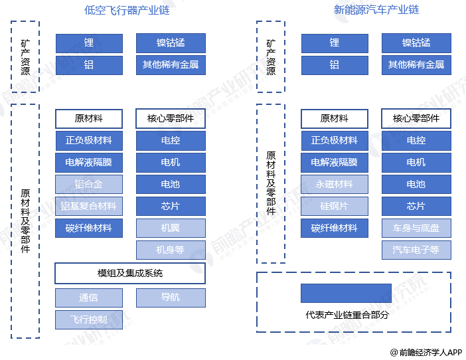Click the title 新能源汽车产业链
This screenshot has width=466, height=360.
click(x=376, y=10)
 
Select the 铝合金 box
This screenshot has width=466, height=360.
click(x=89, y=184)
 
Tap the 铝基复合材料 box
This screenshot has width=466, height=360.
click(x=89, y=206)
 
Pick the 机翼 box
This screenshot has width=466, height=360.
click(x=171, y=228)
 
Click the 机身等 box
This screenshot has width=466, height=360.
click(x=171, y=250)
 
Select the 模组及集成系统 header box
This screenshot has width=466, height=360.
click(x=130, y=274)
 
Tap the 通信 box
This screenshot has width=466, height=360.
click(x=89, y=298)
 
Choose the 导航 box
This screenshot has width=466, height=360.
click(x=171, y=298)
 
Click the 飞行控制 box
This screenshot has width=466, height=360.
click(x=89, y=319)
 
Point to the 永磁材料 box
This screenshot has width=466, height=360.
click(x=335, y=184)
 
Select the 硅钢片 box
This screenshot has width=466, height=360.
click(x=335, y=206)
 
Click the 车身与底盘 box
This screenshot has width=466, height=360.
click(x=416, y=228)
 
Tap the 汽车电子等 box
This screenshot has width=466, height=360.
click(x=416, y=250)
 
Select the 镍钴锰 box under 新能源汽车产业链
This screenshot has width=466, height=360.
click(x=416, y=43)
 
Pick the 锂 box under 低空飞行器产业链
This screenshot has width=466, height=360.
click(x=89, y=43)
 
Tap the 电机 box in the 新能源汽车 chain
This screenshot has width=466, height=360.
click(x=416, y=162)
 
